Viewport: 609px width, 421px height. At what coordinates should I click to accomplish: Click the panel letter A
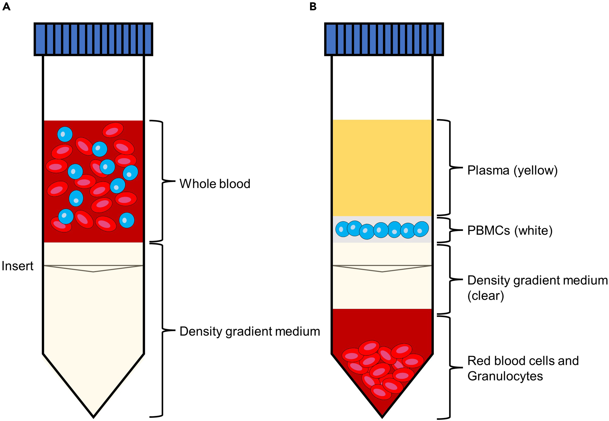pos(6,6)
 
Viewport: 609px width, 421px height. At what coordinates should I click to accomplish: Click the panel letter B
pos(313,6)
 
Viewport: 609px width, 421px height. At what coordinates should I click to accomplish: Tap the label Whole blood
pos(214,184)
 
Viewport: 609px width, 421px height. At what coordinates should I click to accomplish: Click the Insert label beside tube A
pos(17,266)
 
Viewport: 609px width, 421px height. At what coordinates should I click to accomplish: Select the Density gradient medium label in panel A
pos(249,331)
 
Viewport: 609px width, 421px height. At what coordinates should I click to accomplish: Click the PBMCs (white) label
pos(509,231)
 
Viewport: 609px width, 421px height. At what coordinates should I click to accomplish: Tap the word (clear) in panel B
pos(485,296)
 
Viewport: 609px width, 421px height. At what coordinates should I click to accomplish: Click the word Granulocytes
pos(505,376)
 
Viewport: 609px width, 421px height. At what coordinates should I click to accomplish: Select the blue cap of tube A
pos(93,39)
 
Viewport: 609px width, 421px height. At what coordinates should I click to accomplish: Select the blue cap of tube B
pos(384,39)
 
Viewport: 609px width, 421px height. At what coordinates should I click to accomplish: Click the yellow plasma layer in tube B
pos(382,168)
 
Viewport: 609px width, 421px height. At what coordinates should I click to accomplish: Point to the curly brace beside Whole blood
pos(162,181)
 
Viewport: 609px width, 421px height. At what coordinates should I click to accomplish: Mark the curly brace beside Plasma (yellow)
pos(449,167)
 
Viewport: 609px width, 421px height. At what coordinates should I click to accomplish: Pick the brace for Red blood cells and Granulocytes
pos(449,367)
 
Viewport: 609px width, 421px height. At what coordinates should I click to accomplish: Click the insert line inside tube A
pos(93,266)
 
